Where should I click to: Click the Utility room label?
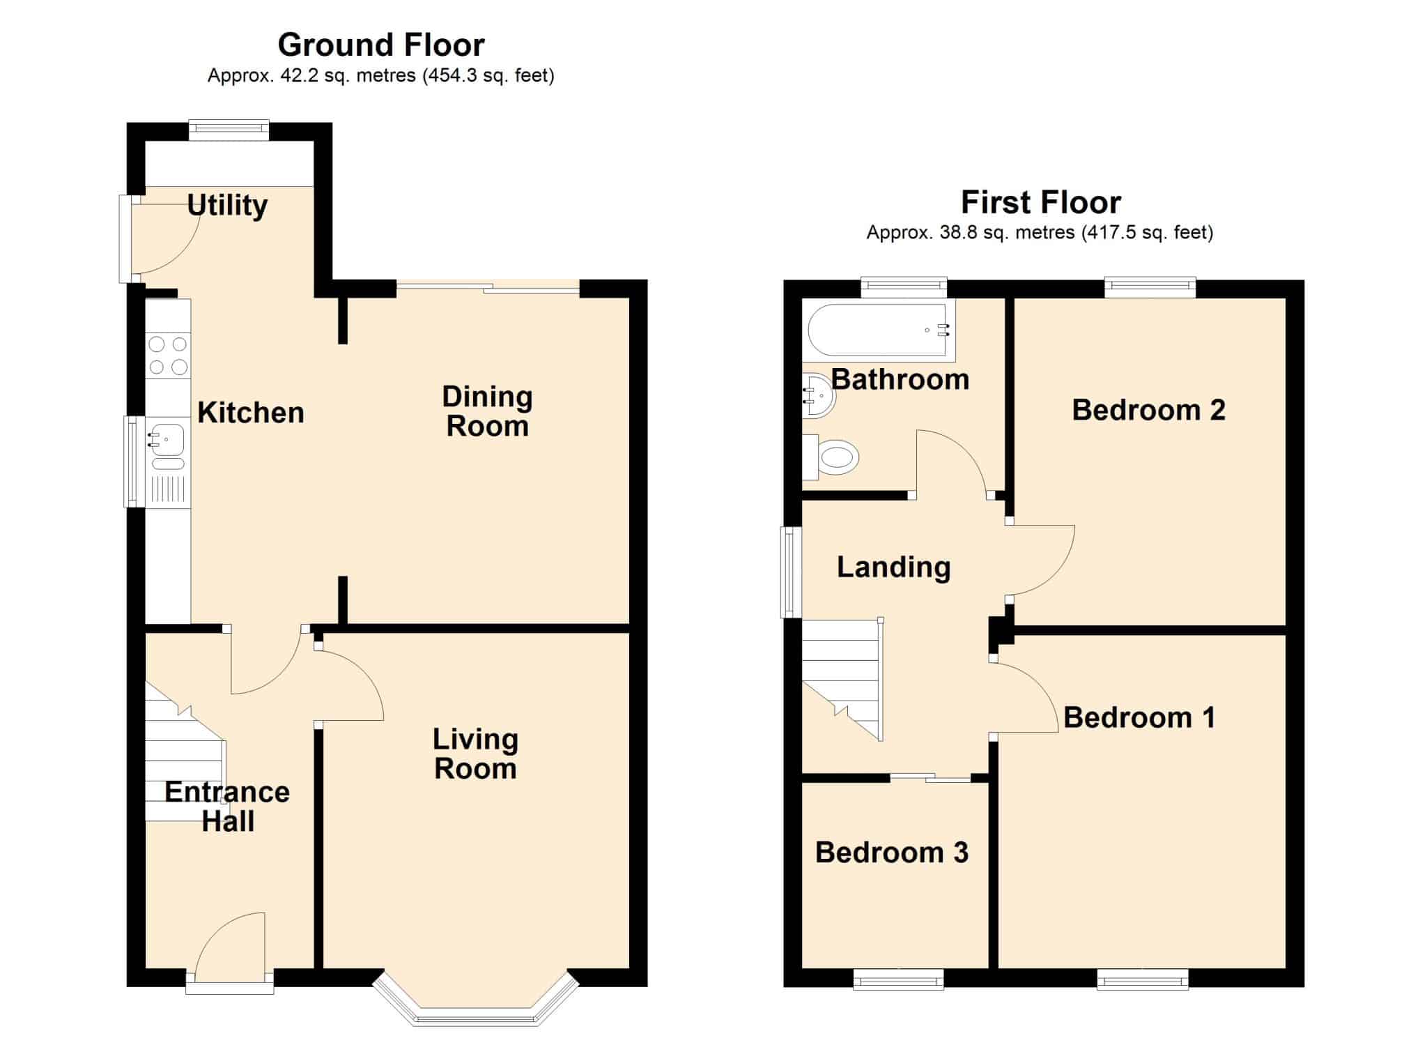(227, 206)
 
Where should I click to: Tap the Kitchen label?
(251, 413)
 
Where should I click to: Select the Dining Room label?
(488, 411)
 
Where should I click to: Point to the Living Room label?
(476, 754)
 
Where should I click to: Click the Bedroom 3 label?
(892, 853)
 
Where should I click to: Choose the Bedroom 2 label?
(1149, 410)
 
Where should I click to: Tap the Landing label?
(894, 567)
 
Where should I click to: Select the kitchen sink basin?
(166, 439)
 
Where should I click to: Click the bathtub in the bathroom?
(879, 330)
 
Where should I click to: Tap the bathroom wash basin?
(818, 395)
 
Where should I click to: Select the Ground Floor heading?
(381, 45)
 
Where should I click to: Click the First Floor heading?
(1041, 203)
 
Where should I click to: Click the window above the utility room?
(229, 130)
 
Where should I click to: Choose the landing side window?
(791, 572)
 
